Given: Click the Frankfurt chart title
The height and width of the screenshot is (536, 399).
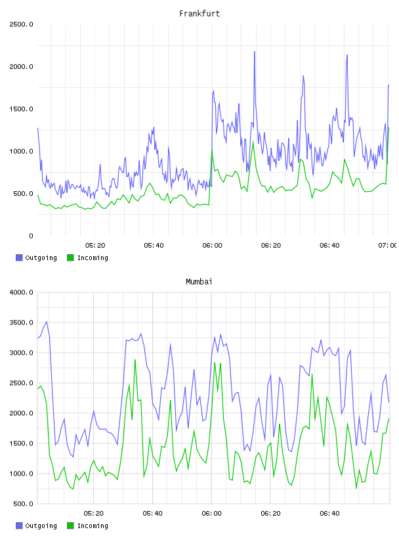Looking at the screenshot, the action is [199, 14].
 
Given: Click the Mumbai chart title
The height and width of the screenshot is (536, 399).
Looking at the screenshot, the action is [199, 282].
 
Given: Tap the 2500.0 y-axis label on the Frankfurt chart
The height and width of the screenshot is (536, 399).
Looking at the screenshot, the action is [21, 24].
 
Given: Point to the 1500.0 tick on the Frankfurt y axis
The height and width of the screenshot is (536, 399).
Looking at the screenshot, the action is [21, 109].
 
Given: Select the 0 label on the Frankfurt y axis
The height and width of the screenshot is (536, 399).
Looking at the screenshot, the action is [31, 236].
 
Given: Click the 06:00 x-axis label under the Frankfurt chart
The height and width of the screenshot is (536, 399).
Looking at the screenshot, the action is [212, 246].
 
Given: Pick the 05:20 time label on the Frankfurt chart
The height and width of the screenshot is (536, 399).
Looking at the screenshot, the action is [95, 246].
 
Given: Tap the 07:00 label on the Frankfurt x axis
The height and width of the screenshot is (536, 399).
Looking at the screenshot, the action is [388, 246].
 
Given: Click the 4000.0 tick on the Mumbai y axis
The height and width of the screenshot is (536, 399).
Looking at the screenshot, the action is [21, 292].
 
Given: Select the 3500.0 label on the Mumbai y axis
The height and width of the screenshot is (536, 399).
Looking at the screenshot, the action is [21, 323].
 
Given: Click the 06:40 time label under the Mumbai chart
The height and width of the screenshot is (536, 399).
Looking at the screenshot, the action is [329, 514].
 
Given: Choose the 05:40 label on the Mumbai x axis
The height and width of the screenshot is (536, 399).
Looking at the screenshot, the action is [153, 514].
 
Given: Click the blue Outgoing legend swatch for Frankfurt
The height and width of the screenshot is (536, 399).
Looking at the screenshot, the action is [19, 257].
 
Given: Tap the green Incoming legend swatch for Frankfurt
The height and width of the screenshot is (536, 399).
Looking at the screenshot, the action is [70, 257].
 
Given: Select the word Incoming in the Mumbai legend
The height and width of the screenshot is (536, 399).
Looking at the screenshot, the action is [93, 525].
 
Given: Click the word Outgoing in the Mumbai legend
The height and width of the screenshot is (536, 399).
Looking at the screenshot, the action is [41, 525].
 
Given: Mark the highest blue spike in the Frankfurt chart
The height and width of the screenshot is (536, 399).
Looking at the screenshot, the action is [255, 52].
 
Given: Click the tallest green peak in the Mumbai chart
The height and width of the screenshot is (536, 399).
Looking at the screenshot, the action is [135, 359].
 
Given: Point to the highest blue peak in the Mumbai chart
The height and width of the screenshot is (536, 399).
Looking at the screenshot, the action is [47, 322].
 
